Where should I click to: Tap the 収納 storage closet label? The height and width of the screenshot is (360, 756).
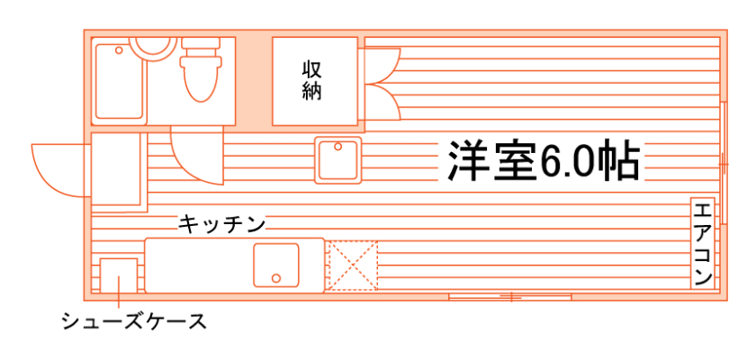(x=311, y=79)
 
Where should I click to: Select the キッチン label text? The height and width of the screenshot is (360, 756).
(x=220, y=224)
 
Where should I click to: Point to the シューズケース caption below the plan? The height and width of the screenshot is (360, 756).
(x=134, y=320)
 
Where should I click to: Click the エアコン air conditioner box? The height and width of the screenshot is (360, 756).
(x=703, y=243)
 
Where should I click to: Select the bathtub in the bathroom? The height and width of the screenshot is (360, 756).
(x=120, y=81)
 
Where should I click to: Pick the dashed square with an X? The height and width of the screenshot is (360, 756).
(x=354, y=266)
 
